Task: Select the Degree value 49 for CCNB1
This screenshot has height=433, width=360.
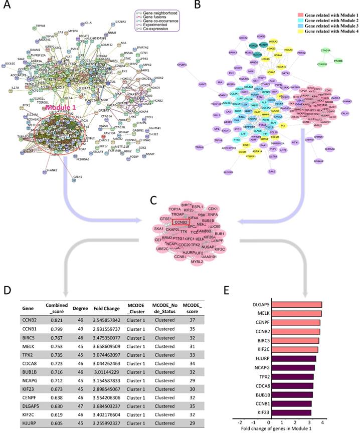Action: [x=77, y=330]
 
